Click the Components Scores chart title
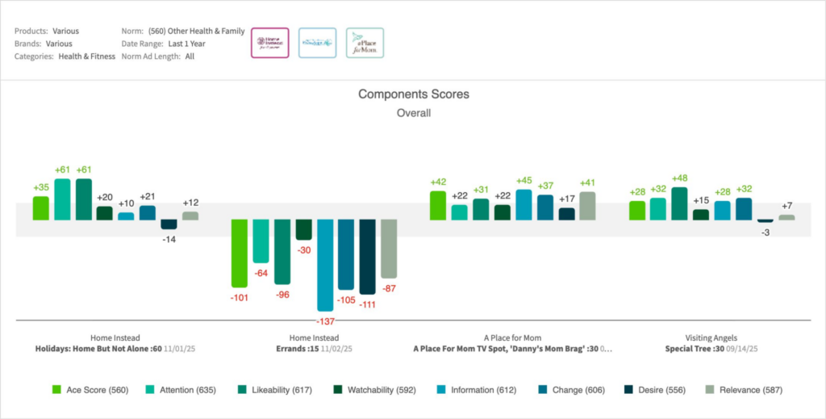click(x=413, y=94)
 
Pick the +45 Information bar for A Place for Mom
click(x=524, y=204)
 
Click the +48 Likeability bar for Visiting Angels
click(x=679, y=203)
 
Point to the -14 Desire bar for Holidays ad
click(x=169, y=224)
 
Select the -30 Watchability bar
click(x=303, y=229)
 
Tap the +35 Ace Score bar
click(x=41, y=207)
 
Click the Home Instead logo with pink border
click(x=269, y=42)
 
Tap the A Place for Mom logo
click(x=365, y=42)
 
